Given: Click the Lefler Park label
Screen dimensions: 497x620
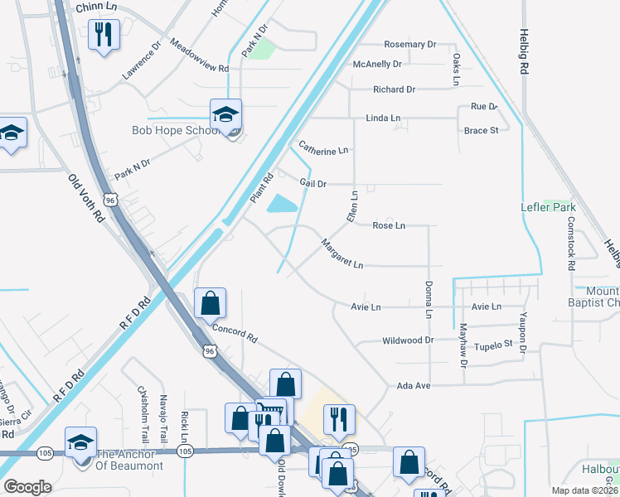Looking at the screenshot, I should point(547,207).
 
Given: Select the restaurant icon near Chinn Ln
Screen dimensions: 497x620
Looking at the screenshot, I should point(104,36).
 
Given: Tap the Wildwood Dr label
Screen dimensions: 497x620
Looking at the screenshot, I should point(408,340).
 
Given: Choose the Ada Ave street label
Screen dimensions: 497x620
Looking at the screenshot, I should point(414,386).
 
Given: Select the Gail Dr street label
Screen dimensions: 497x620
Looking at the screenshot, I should point(312,184).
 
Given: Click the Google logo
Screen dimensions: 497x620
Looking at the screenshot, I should point(27,487).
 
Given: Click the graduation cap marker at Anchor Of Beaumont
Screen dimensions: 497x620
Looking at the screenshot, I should point(80,442).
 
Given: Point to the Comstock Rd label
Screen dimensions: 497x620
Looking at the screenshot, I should point(570,244).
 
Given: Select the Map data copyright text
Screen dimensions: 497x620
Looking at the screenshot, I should point(584,490).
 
